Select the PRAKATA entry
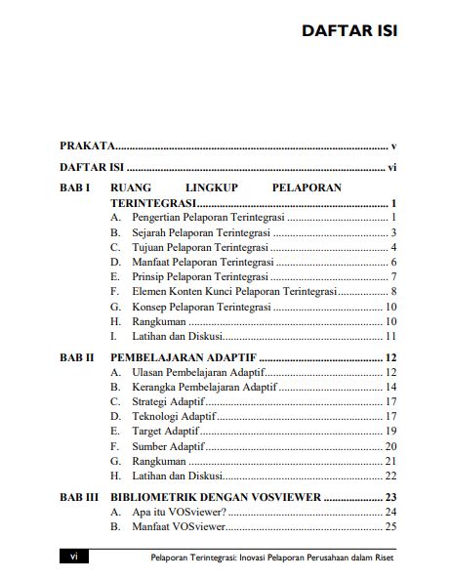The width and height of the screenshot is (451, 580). (89, 144)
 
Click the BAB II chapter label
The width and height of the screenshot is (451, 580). (77, 357)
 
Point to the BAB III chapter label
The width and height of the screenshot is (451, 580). (79, 496)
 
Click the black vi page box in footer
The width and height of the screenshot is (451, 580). (74, 556)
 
